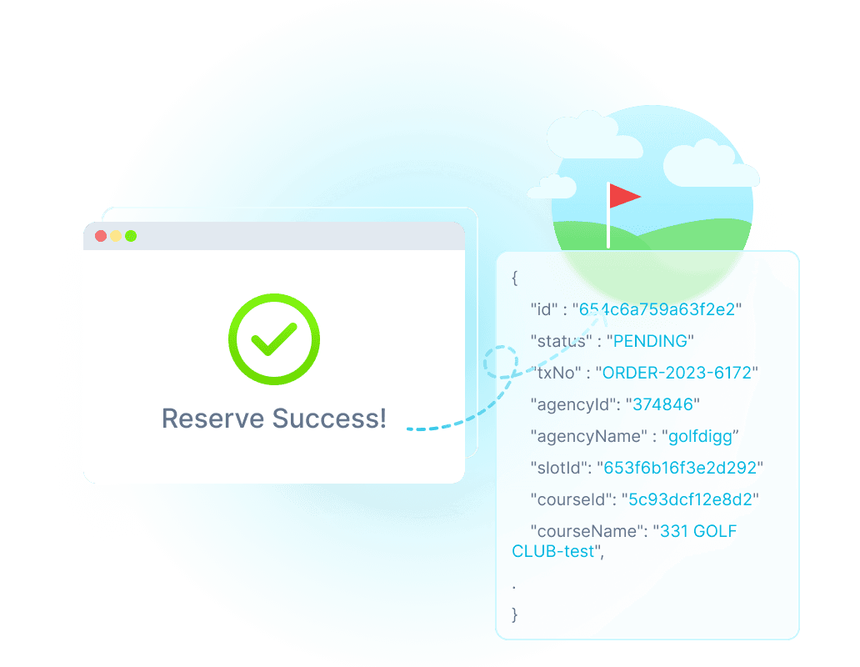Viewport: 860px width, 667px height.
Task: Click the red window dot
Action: [101, 236]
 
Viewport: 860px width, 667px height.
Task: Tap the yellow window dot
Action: [116, 236]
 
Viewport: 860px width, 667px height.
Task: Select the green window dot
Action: [131, 236]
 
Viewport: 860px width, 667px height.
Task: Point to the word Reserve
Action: [212, 419]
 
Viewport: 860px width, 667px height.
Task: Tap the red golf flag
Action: [623, 196]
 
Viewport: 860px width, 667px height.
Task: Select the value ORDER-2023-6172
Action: [677, 373]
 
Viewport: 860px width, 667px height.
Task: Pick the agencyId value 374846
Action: [662, 404]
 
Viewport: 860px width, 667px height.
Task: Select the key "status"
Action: [562, 341]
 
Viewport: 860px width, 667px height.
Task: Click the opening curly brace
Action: [515, 277]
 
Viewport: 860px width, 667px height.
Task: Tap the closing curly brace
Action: [515, 615]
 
